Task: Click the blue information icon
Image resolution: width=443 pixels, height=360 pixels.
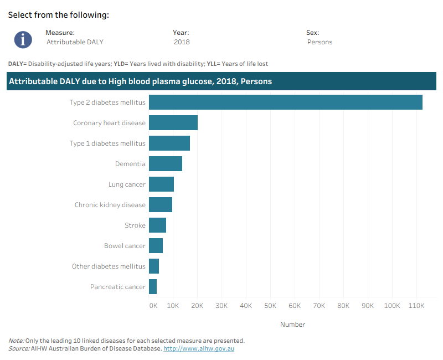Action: tap(23, 39)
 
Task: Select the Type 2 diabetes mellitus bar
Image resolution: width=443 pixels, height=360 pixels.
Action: tap(286, 102)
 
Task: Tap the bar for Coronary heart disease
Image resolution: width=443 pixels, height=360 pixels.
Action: tap(173, 122)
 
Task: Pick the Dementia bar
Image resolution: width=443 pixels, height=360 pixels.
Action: tap(166, 163)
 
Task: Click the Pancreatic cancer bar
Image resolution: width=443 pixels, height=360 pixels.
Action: tap(153, 286)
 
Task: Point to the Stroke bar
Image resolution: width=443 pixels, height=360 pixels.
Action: tap(157, 225)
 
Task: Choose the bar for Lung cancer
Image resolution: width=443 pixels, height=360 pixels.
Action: tap(161, 184)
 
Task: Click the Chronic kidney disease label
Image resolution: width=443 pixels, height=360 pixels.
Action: tap(110, 205)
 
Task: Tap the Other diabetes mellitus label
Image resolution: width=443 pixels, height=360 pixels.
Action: tap(109, 266)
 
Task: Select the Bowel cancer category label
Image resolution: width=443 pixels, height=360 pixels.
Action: tap(125, 246)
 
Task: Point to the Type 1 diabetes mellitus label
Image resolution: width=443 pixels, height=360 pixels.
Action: tap(107, 143)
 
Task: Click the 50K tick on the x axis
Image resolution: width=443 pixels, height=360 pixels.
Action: tap(270, 306)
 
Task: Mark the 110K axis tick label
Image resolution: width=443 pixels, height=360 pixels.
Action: tap(416, 306)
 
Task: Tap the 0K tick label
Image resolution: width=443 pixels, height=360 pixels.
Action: tap(153, 306)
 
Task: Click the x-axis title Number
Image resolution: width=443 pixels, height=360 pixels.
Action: tap(293, 325)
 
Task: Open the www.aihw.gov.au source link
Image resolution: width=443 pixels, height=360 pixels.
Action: tap(199, 348)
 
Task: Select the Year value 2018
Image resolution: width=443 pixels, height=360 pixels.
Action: tap(182, 42)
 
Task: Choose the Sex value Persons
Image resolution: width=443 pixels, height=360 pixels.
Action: tap(320, 42)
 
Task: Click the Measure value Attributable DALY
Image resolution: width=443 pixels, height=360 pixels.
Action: tap(75, 42)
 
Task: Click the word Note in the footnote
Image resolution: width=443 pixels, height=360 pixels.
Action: tap(16, 341)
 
